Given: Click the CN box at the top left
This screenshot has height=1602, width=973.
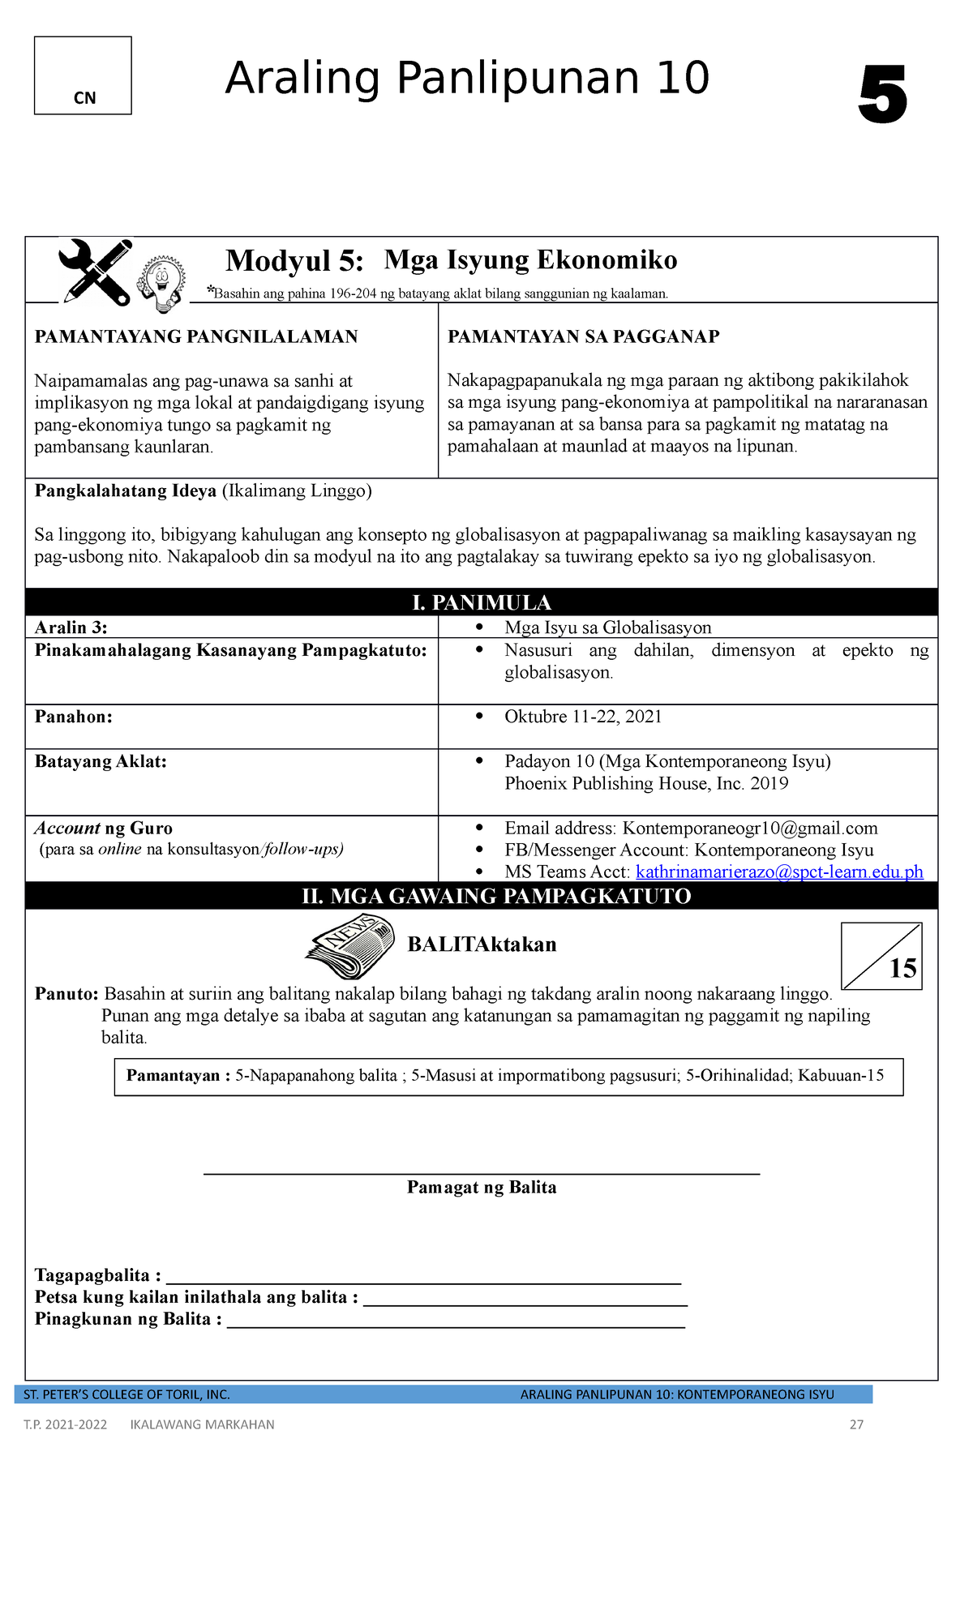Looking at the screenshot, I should pyautogui.click(x=83, y=75).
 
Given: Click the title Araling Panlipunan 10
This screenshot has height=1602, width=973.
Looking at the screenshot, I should pyautogui.click(x=467, y=79).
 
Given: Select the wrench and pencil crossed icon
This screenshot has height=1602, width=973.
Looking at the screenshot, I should pyautogui.click(x=96, y=271).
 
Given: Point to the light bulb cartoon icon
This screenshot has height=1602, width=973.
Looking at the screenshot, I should pyautogui.click(x=161, y=284).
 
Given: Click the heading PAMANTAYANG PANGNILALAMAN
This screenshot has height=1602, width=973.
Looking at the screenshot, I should pyautogui.click(x=196, y=337).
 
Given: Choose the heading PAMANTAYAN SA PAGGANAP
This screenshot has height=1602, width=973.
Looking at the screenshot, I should pyautogui.click(x=583, y=337).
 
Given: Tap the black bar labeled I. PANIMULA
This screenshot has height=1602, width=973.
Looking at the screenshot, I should pyautogui.click(x=482, y=602).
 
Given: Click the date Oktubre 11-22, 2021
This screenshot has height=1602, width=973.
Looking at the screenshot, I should pyautogui.click(x=583, y=717).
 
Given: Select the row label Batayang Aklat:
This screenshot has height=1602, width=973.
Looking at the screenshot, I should pyautogui.click(x=101, y=761).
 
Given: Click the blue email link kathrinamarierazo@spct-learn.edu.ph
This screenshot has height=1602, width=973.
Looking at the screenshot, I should pyautogui.click(x=779, y=872).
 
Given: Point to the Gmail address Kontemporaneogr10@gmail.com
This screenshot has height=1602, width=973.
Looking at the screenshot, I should pyautogui.click(x=750, y=828).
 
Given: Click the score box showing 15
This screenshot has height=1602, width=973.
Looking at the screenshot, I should pyautogui.click(x=881, y=957).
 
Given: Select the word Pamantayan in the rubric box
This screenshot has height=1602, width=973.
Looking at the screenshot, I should pyautogui.click(x=173, y=1076).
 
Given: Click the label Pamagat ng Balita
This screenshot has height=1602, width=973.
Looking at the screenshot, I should pyautogui.click(x=482, y=1188).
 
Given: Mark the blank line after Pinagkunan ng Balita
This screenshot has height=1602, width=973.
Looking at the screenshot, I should pyautogui.click(x=456, y=1325).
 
